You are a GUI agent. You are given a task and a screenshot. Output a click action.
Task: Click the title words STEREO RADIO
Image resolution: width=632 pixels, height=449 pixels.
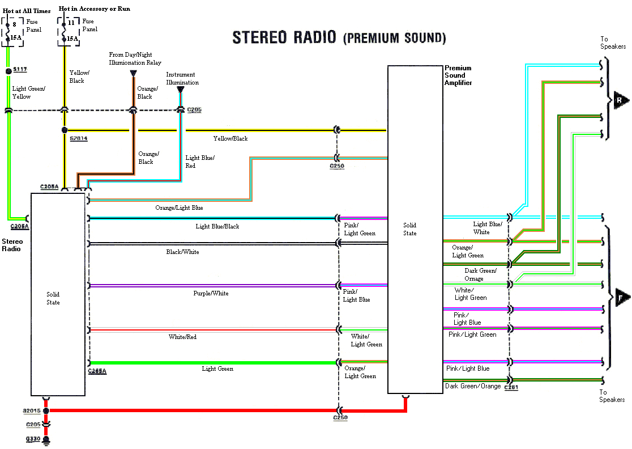point(285,37)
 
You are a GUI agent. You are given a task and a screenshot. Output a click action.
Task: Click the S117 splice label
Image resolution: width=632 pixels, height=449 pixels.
point(20,69)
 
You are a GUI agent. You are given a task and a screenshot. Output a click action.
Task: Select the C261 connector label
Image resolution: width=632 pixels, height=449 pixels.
point(511,387)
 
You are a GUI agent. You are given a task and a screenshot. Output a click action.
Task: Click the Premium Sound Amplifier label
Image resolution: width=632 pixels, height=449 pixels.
point(458,75)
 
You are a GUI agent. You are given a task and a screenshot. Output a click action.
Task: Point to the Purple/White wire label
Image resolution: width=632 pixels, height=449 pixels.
point(211,294)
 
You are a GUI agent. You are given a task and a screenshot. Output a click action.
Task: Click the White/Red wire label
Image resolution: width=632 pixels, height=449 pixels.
point(182,337)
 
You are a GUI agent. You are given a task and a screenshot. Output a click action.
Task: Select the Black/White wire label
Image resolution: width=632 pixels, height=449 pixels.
point(182,252)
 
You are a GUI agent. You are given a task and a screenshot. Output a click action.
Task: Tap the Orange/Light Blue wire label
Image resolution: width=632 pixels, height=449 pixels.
point(179,208)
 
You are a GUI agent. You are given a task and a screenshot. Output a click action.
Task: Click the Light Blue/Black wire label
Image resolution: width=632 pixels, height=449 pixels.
point(217,227)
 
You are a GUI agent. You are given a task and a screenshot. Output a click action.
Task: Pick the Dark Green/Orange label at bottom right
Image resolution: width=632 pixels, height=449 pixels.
point(473,386)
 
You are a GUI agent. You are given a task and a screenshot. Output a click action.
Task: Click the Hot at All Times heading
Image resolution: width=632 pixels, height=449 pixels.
point(27,11)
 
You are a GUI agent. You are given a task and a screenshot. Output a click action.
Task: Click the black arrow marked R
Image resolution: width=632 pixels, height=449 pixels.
point(620,101)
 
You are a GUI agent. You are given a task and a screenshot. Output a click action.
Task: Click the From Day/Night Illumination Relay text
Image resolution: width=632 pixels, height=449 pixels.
point(135,59)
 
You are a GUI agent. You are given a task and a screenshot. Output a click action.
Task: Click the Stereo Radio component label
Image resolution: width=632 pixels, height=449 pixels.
point(12,245)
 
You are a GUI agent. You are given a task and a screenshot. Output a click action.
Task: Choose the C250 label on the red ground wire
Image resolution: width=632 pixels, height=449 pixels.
point(340,417)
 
